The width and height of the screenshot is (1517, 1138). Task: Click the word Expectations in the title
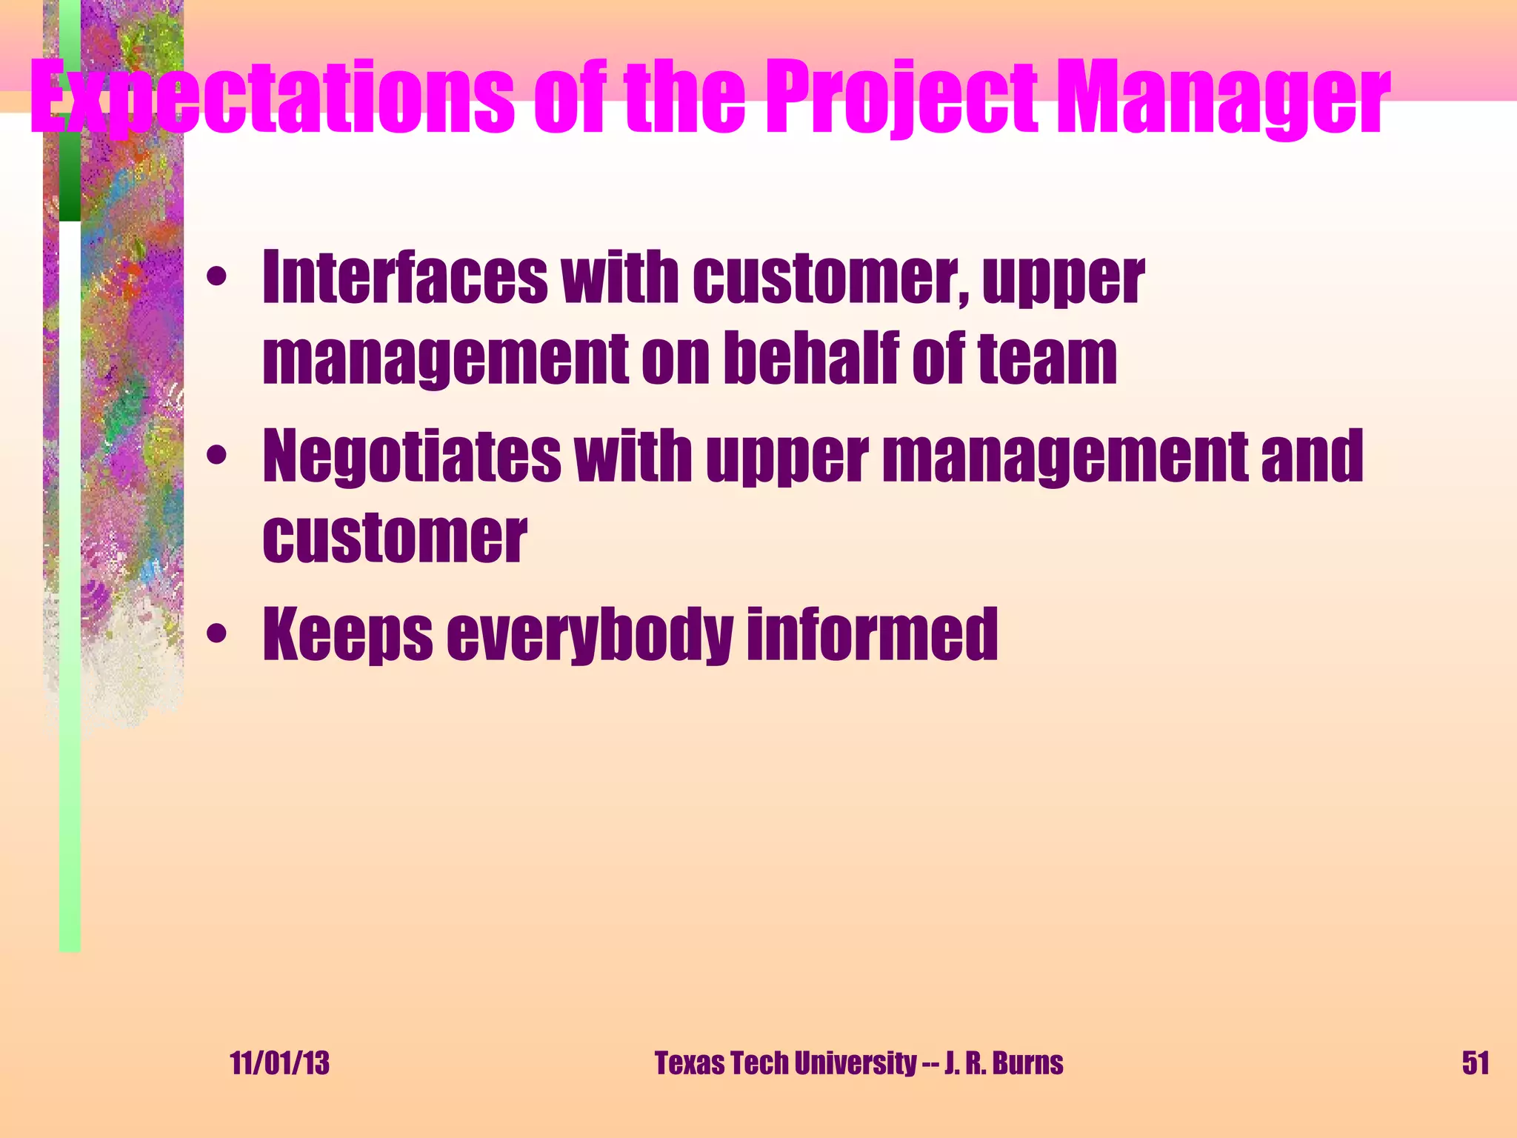pyautogui.click(x=271, y=98)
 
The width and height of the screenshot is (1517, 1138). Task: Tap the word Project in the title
pyautogui.click(x=901, y=98)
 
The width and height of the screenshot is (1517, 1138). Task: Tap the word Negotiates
pyautogui.click(x=412, y=456)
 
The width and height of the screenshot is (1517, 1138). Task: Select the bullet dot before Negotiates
pyautogui.click(x=216, y=456)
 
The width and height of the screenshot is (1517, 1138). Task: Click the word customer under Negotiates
pyautogui.click(x=394, y=537)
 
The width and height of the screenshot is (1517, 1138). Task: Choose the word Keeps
pyautogui.click(x=347, y=634)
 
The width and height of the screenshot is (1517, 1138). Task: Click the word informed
pyautogui.click(x=872, y=634)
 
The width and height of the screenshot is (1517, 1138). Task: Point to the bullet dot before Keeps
pyautogui.click(x=216, y=634)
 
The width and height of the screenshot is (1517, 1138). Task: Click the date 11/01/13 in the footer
pyautogui.click(x=279, y=1063)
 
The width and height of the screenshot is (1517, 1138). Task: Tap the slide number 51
pyautogui.click(x=1475, y=1063)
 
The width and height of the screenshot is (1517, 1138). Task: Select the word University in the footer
pyautogui.click(x=855, y=1063)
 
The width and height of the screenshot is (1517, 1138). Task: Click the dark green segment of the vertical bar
pyautogui.click(x=70, y=178)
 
